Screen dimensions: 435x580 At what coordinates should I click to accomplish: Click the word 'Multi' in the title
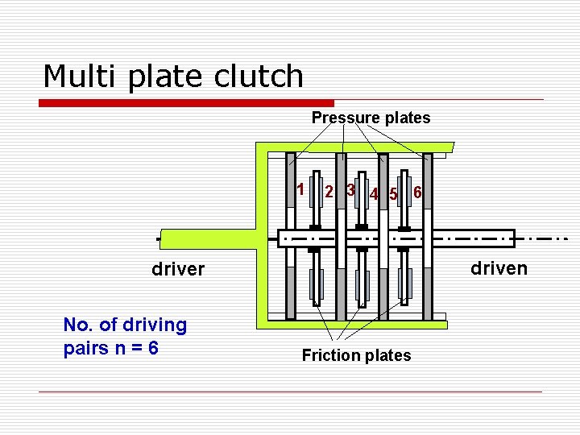tap(76, 76)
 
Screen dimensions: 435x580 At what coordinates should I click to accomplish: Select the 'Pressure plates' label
tap(371, 118)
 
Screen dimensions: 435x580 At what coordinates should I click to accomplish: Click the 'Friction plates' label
tap(356, 355)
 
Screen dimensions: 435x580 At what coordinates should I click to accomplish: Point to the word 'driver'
tap(178, 269)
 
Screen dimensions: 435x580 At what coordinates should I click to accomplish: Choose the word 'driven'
tap(499, 267)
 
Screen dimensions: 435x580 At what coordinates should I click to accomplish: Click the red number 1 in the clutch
tap(300, 190)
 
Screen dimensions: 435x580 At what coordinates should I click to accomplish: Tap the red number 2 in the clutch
tap(329, 192)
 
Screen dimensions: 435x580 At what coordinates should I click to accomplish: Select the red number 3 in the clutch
tap(350, 190)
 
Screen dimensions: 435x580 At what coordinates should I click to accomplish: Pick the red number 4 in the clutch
tap(374, 193)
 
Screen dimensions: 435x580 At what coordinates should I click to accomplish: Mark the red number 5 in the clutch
tap(393, 193)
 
